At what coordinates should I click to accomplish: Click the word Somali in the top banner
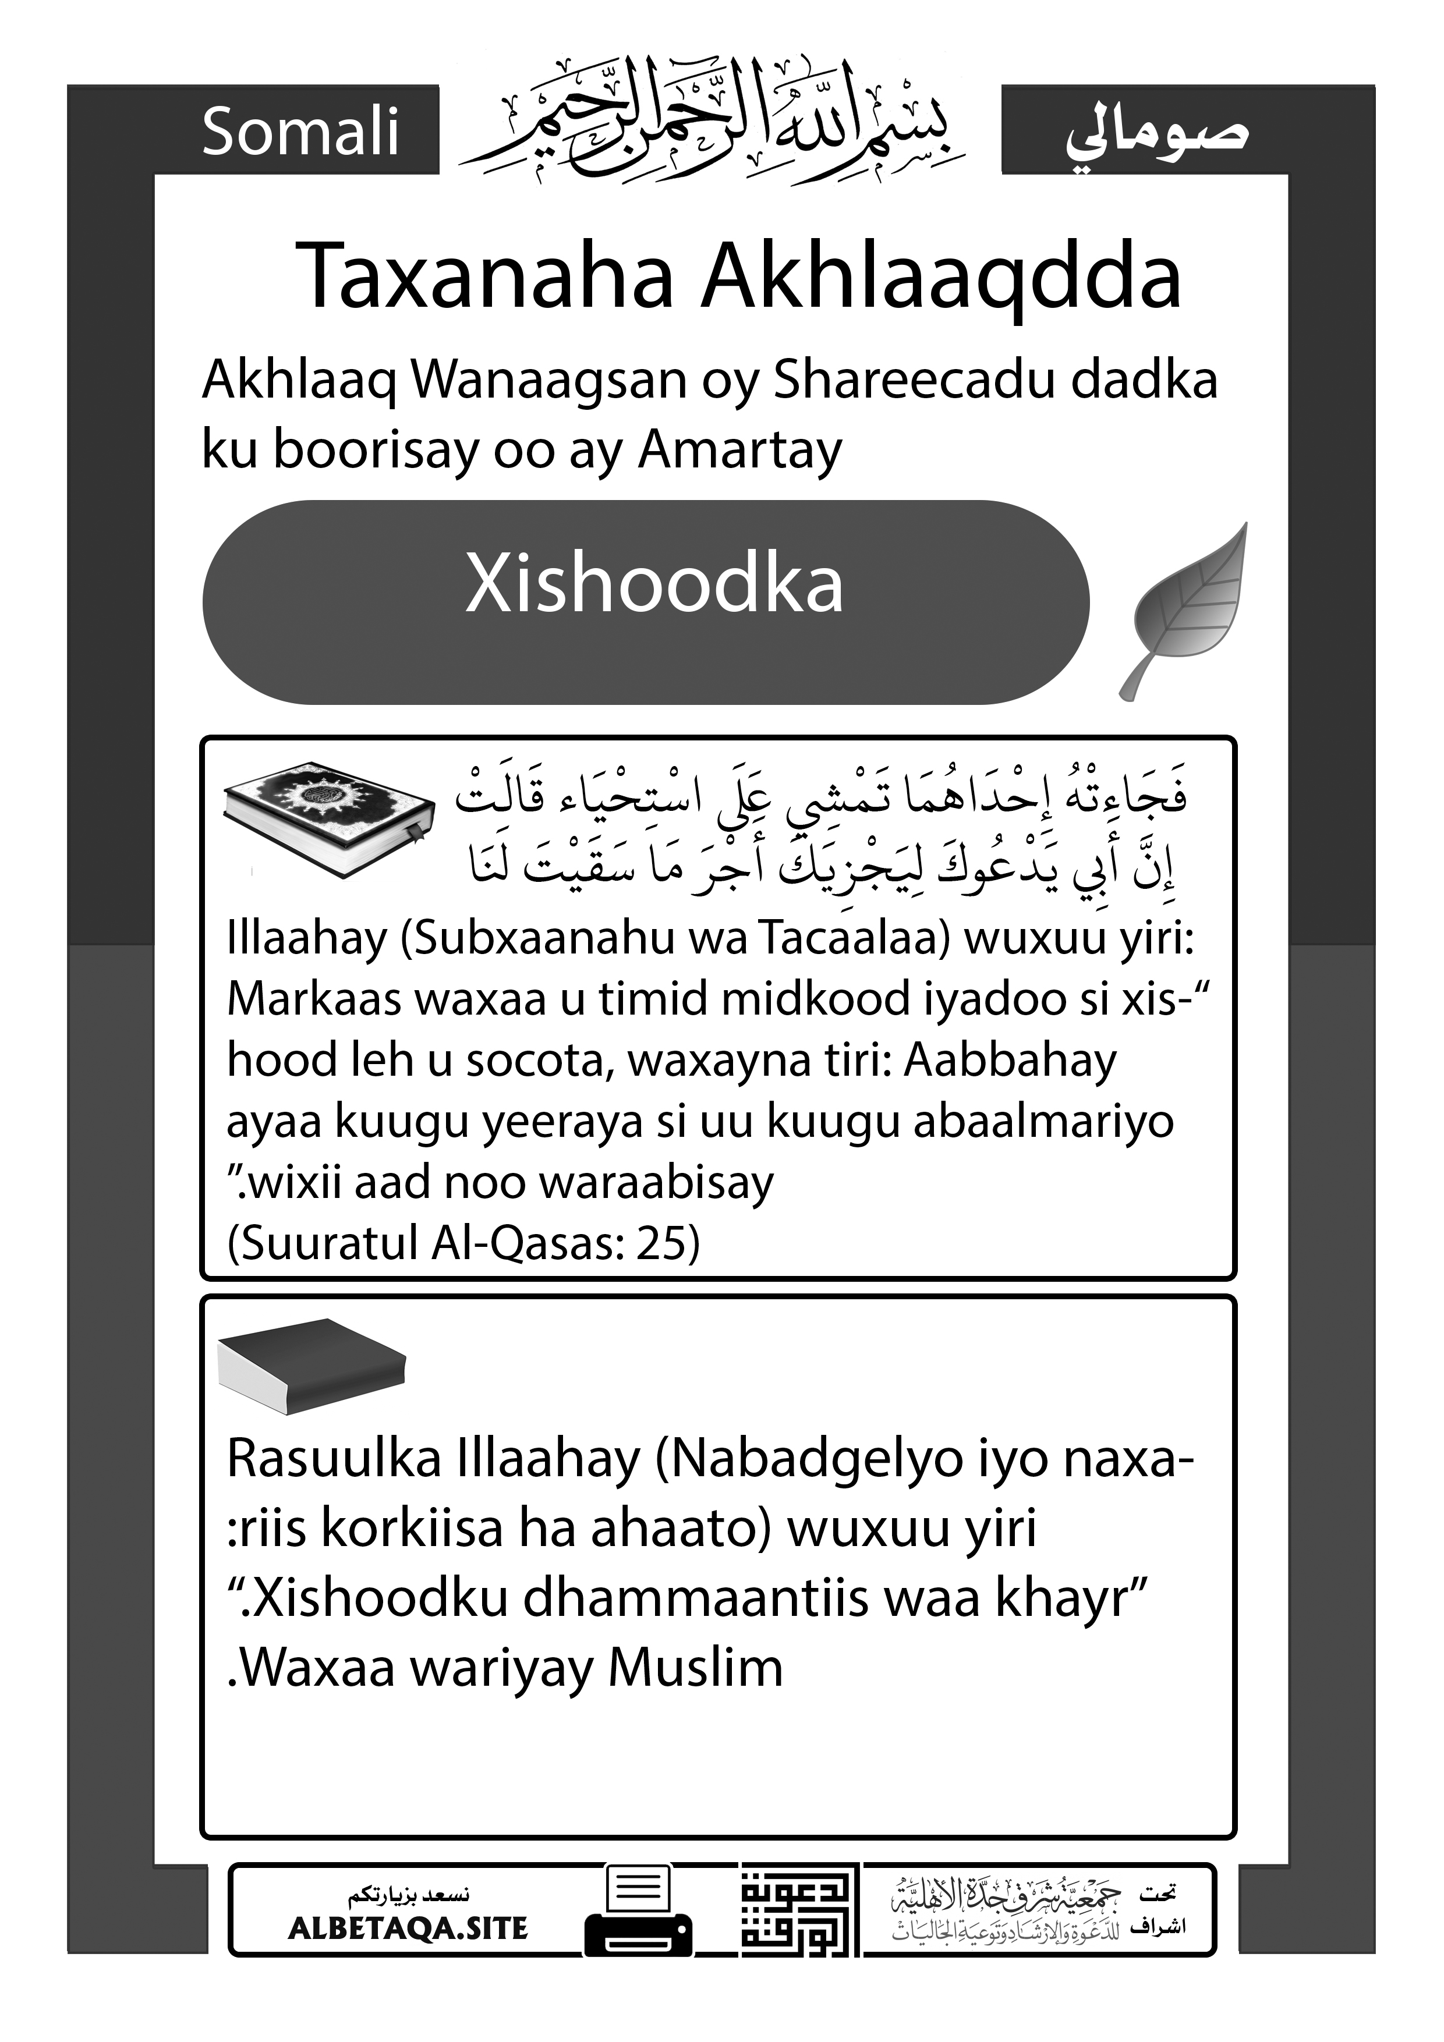click(300, 132)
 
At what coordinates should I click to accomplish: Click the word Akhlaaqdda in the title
click(942, 276)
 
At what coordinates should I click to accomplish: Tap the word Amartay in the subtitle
click(739, 449)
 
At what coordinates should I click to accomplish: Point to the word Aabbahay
click(1010, 1060)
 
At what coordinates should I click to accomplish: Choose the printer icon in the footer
click(638, 1911)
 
